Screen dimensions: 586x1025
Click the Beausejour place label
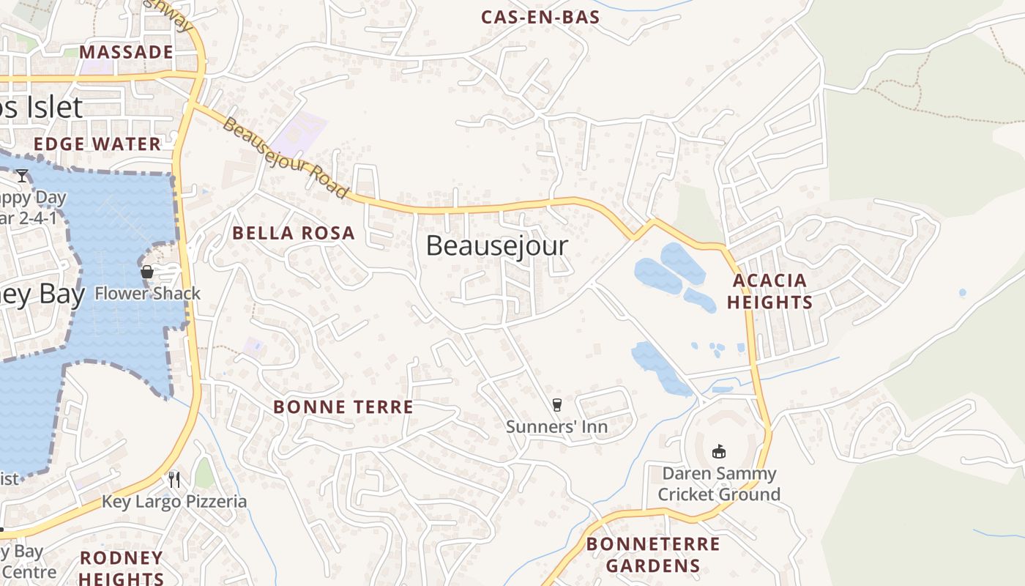coord(496,246)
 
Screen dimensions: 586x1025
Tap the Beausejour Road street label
coord(286,158)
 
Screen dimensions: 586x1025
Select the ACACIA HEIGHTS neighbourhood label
coord(769,292)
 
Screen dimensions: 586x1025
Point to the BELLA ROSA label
coord(294,234)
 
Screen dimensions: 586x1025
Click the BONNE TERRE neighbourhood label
coord(343,407)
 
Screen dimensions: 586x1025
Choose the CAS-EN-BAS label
coord(540,18)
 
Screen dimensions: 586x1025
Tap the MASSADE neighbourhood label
coord(126,52)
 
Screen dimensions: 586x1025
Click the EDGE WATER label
coord(97,144)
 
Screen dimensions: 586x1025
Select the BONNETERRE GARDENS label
coord(653,555)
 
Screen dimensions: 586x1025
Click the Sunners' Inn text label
coord(556,426)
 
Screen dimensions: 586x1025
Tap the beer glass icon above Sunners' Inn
coord(557,405)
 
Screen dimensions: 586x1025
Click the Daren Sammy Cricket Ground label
coord(719,483)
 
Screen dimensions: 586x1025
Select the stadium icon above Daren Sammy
coord(719,451)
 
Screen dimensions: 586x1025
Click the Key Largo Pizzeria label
coord(174,502)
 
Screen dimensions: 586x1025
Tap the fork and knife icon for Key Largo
coord(174,480)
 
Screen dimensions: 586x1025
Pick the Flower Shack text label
coord(147,294)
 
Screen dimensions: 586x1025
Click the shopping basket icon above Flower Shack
coord(147,272)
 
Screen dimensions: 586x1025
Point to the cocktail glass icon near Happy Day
coord(22,176)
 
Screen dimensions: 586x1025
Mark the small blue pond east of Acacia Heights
coord(962,293)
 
